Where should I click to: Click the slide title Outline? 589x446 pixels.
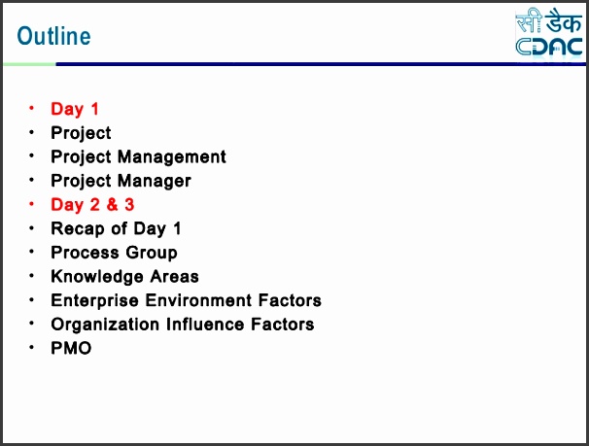pos(54,36)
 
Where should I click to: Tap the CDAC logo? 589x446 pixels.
pos(549,33)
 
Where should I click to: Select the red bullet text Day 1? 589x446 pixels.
pos(75,109)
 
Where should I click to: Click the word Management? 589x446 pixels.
pos(172,157)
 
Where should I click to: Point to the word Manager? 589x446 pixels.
pos(155,181)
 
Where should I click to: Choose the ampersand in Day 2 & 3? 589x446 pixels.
pos(112,205)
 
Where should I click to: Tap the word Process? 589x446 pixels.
pos(85,253)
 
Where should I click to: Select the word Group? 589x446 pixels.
pos(152,253)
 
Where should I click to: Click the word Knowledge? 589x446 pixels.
pos(97,277)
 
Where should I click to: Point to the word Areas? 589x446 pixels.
pos(174,277)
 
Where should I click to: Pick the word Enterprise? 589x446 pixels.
pos(94,300)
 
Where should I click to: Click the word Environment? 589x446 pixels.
pos(198,300)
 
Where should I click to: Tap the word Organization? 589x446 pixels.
pos(105,325)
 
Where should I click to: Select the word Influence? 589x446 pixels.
pos(205,325)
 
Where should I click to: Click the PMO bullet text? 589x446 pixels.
pos(71,348)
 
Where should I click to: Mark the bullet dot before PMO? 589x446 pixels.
pos(31,347)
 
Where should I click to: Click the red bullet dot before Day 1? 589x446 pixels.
pos(31,108)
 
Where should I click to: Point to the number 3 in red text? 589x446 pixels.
pos(129,205)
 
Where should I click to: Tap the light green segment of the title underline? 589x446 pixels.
pos(30,64)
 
